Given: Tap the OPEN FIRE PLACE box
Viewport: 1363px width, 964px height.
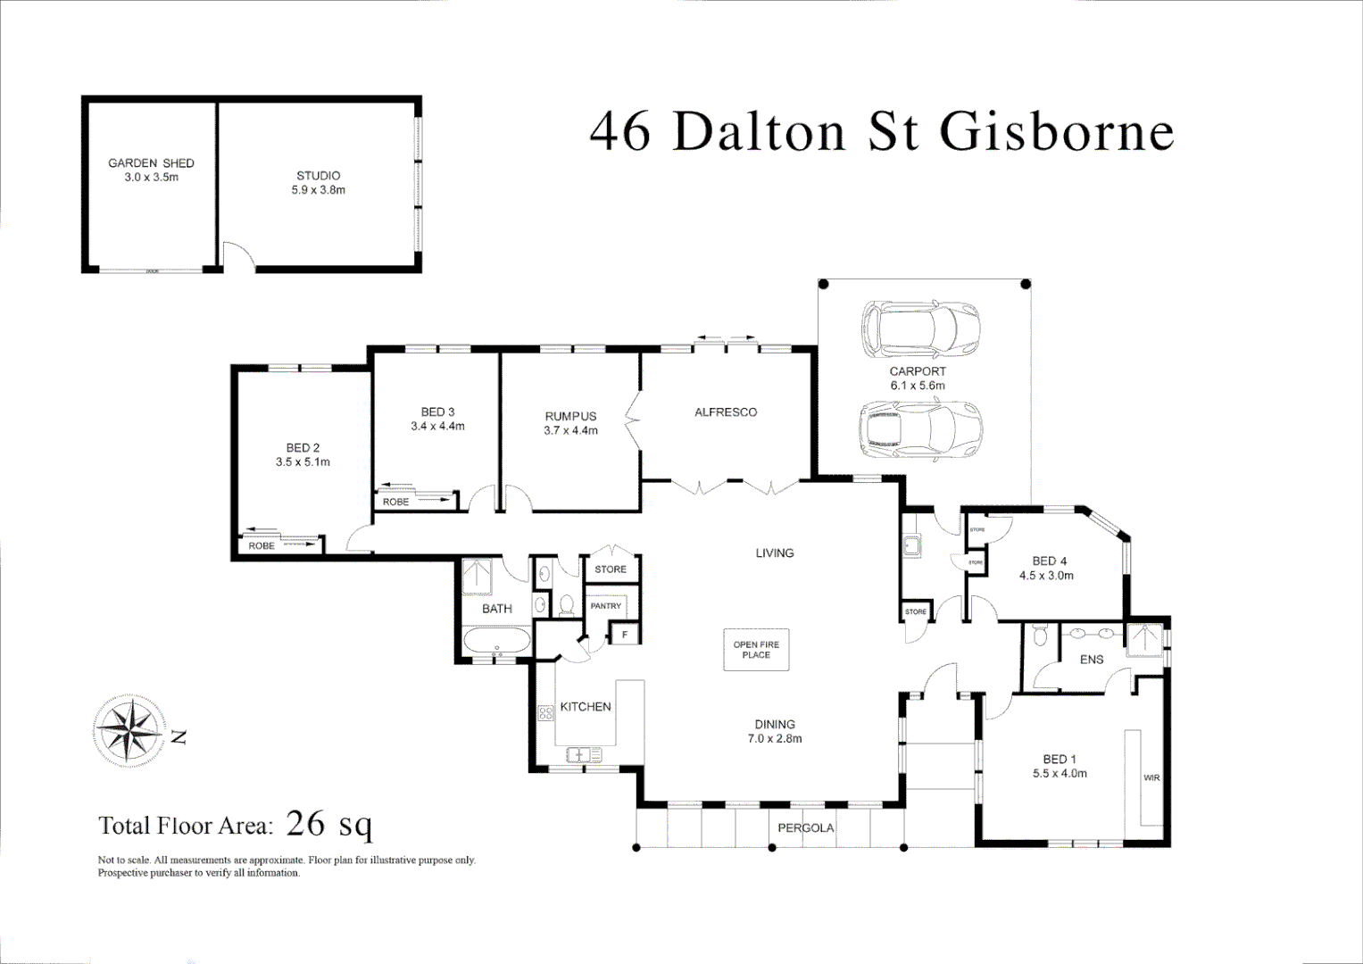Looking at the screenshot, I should (756, 650).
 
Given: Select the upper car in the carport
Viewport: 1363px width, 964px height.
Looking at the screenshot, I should (919, 328).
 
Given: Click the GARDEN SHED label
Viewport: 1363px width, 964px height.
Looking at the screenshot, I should (151, 163).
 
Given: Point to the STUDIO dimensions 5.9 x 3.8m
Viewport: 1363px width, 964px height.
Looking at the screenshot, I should (318, 190).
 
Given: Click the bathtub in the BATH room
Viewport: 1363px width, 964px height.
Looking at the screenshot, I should (496, 642).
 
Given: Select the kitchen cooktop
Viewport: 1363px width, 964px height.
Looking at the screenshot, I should (545, 714).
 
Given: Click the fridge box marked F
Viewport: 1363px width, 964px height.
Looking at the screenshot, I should (625, 635).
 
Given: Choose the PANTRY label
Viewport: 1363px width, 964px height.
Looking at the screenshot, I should (605, 606).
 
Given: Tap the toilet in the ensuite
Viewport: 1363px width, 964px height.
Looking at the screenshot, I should (1039, 637).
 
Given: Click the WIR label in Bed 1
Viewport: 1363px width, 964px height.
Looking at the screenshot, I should (1151, 778).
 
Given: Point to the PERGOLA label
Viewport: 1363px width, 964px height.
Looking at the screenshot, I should (805, 828).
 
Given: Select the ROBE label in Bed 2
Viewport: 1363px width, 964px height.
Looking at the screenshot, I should (262, 545).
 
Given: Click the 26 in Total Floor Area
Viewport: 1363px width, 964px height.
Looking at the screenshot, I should (305, 823).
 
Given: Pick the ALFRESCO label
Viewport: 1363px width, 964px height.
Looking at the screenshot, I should (726, 412).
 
